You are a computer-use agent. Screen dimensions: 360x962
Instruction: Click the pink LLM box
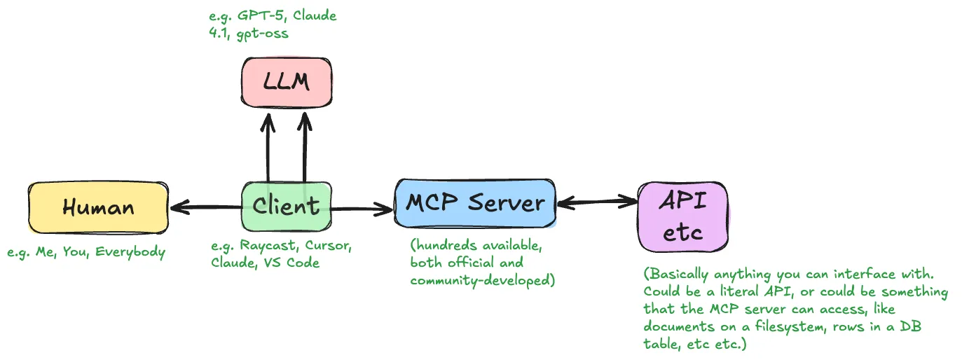tap(287, 83)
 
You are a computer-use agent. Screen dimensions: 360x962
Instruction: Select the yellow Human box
tap(98, 207)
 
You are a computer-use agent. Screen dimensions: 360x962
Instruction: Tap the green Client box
tap(287, 206)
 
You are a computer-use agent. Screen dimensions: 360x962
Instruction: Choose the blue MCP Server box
tap(475, 203)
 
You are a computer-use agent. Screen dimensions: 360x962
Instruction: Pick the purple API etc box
tap(683, 216)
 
